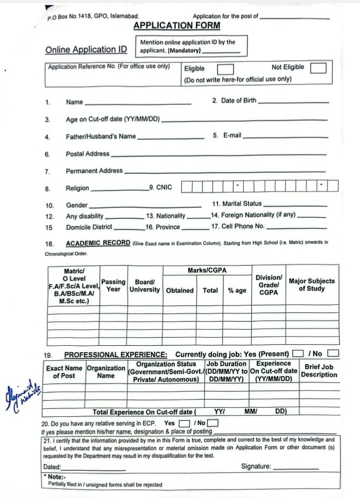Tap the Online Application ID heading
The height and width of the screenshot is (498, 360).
[x=86, y=49]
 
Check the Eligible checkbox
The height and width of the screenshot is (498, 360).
[x=225, y=69]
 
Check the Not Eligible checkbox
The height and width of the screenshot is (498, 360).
[x=318, y=68]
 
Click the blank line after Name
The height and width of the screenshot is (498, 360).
[x=138, y=103]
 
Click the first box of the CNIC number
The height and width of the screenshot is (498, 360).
[x=186, y=187]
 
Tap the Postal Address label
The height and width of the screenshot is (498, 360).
[x=87, y=154]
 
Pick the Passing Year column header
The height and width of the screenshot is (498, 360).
[x=114, y=286]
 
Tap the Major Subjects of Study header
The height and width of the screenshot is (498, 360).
[x=312, y=284]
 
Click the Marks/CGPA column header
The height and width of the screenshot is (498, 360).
[x=207, y=270]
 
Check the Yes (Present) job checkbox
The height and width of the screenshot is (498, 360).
[x=297, y=354]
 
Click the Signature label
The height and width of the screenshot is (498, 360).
[x=256, y=466]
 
